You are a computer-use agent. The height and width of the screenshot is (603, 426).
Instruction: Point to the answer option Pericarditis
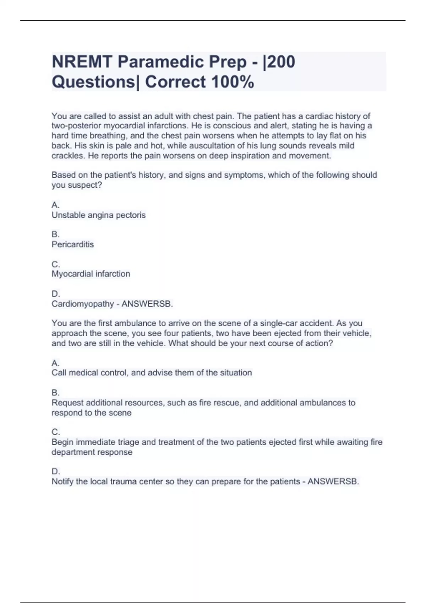[x=73, y=244]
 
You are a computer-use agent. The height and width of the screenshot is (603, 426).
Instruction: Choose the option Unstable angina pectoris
[x=99, y=215]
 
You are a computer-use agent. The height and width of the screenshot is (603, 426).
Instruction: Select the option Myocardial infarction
[x=91, y=274]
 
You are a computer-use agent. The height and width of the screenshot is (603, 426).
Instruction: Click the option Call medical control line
[x=152, y=373]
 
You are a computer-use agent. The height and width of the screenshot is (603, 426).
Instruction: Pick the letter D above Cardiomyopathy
[x=55, y=294]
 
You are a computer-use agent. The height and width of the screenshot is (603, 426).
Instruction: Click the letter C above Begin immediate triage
[x=55, y=432]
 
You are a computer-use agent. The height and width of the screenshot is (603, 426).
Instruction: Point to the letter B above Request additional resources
[x=55, y=393]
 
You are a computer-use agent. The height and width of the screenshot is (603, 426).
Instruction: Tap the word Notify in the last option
[x=62, y=481]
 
